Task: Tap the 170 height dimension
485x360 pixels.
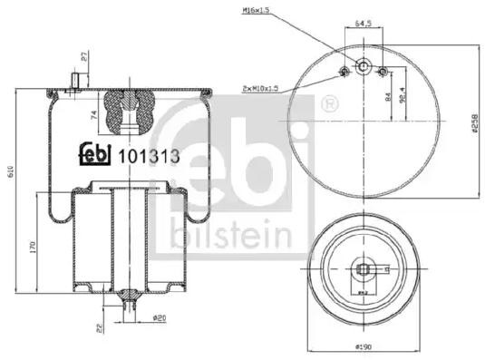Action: click(x=33, y=246)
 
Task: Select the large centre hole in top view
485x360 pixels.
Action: click(x=363, y=70)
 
